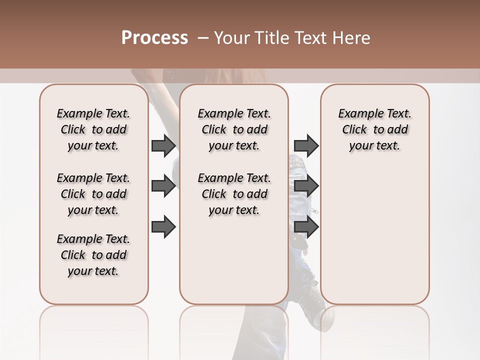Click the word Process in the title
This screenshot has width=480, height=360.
(x=154, y=38)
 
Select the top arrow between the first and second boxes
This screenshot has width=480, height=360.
(x=163, y=146)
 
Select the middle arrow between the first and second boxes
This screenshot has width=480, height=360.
(x=163, y=186)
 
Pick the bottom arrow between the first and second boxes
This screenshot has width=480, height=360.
(x=163, y=227)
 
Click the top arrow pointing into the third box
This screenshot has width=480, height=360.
(x=306, y=146)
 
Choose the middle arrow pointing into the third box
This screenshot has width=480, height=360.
(x=306, y=186)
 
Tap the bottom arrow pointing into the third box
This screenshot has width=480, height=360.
(x=306, y=227)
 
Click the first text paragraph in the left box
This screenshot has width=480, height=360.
(x=93, y=129)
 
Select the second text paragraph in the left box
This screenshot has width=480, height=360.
(x=93, y=194)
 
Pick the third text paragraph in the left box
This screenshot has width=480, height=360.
(x=93, y=255)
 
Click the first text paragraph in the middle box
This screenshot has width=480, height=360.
(x=234, y=129)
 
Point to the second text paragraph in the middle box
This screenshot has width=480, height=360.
(x=234, y=194)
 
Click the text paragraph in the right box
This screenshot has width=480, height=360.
(x=374, y=129)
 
